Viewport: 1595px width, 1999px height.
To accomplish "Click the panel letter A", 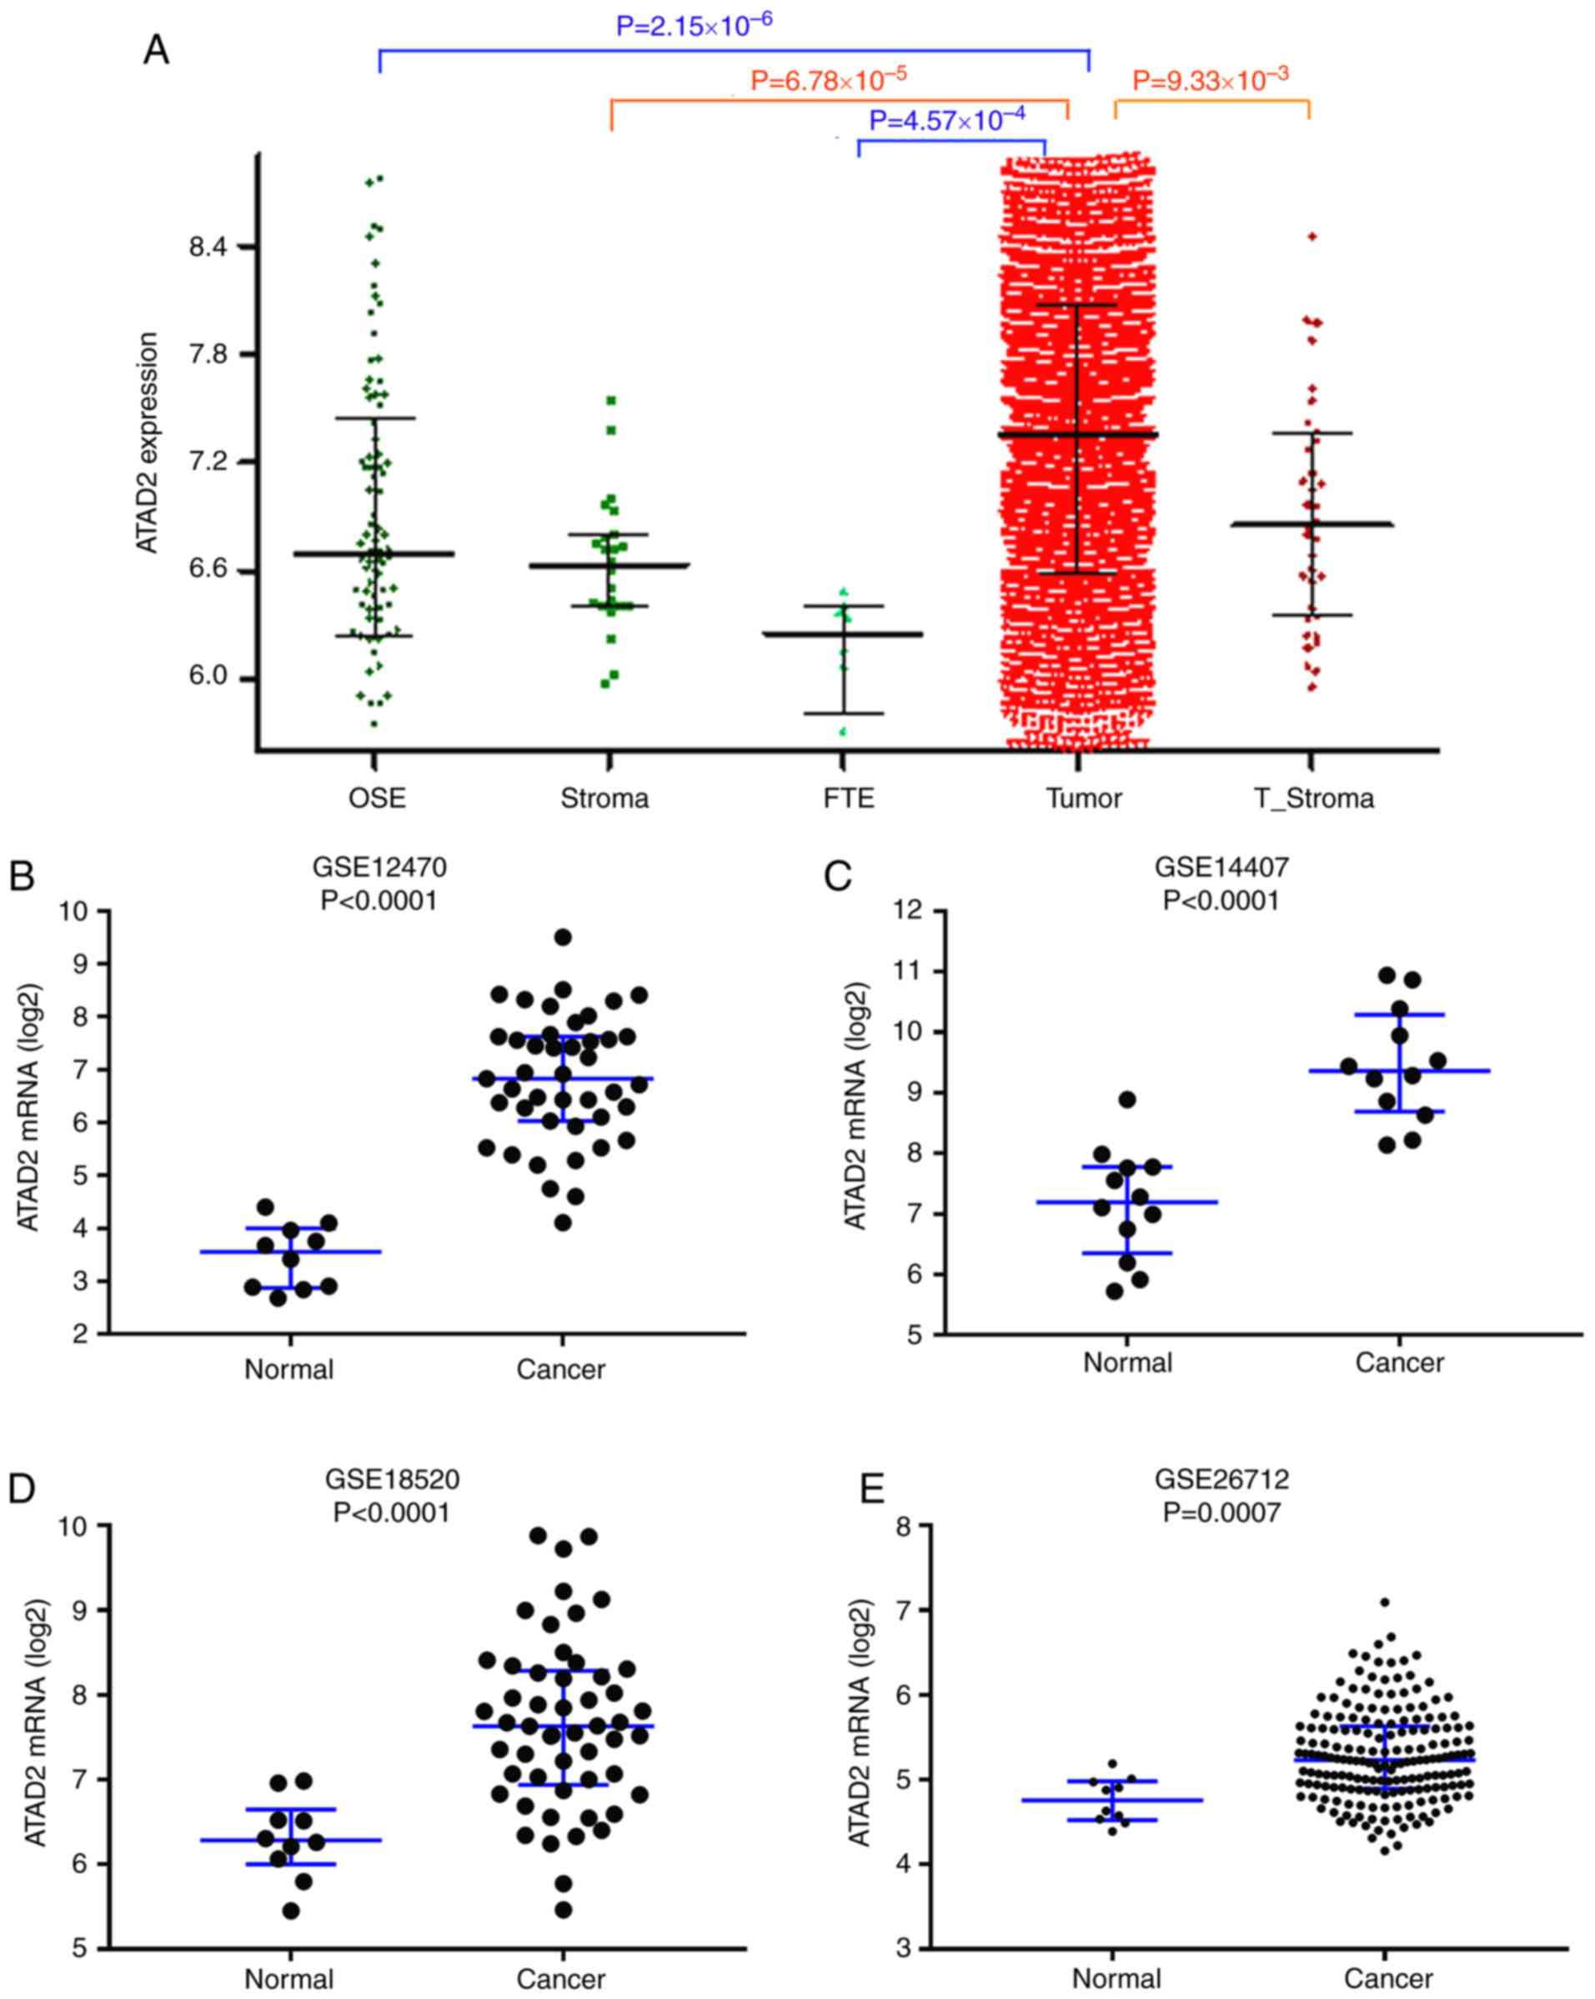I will click(156, 50).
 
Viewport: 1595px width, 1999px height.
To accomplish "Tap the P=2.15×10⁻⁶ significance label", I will click(694, 25).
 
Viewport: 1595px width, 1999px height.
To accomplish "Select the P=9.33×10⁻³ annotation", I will click(1210, 80).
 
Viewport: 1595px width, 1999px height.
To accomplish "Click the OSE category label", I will click(377, 799).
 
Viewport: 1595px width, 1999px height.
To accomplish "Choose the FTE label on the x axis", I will click(849, 799).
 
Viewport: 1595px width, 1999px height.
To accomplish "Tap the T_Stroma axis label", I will click(1314, 799).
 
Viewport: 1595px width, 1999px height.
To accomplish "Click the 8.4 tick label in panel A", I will click(208, 247).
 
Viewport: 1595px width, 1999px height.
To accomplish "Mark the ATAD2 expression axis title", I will click(148, 443).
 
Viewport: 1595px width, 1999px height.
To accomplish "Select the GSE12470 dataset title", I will click(379, 867).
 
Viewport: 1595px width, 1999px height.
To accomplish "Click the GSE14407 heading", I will click(1221, 867).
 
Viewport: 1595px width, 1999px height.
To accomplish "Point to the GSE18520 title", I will click(392, 1479).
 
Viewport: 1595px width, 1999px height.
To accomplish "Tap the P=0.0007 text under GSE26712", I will click(1221, 1512).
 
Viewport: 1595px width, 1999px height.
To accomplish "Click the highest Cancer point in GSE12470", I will click(563, 937).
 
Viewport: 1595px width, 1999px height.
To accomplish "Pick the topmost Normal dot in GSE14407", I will click(1127, 1100).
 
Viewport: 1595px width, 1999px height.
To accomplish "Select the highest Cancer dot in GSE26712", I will click(1385, 1602).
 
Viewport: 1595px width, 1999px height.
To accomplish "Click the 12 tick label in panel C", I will click(908, 910).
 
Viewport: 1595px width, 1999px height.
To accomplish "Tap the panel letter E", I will click(871, 1490).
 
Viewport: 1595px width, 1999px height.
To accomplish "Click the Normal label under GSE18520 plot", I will click(289, 1980).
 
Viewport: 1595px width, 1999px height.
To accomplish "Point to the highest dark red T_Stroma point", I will click(1312, 237).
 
